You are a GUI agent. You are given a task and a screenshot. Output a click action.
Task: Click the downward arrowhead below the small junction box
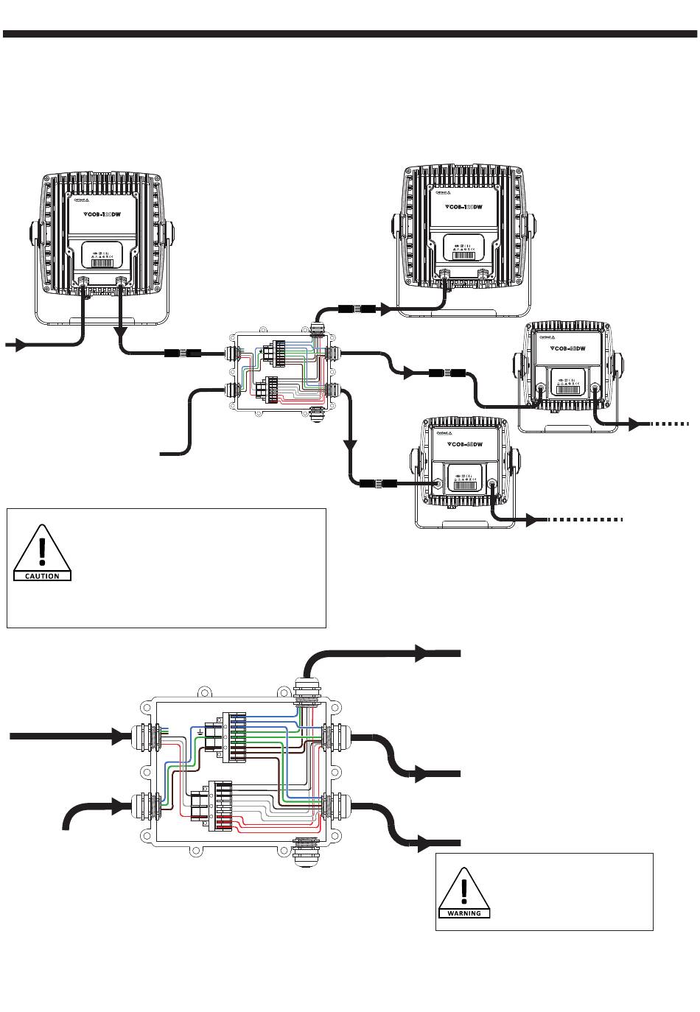tap(351, 446)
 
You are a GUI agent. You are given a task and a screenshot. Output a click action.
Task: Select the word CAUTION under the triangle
tap(42, 576)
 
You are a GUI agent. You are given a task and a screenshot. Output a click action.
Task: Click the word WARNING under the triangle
tap(463, 913)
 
